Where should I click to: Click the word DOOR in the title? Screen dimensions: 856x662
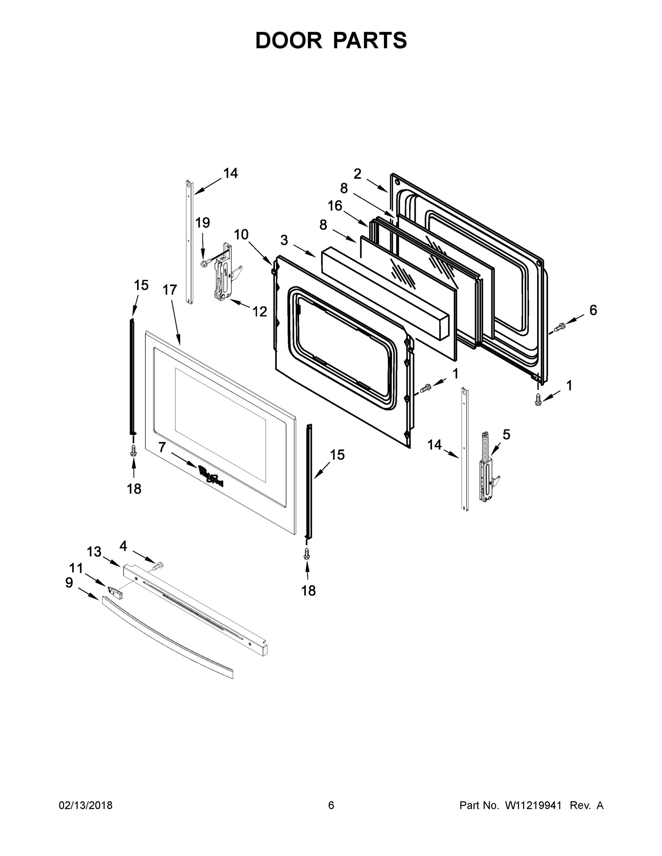[x=289, y=41]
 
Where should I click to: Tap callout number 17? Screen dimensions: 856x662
[x=170, y=290]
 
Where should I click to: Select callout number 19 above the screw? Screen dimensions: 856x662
[x=202, y=223]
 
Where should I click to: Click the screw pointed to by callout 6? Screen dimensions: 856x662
[x=559, y=326]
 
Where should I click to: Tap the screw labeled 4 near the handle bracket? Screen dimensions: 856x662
[x=158, y=566]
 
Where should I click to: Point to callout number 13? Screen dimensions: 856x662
[x=94, y=552]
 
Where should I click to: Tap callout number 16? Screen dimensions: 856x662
[x=335, y=206]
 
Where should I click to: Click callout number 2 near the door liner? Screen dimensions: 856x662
[x=357, y=174]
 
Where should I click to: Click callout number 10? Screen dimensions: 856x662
[x=241, y=234]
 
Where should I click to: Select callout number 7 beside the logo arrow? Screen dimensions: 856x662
[x=162, y=447]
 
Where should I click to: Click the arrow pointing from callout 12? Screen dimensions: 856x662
[x=239, y=304]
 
